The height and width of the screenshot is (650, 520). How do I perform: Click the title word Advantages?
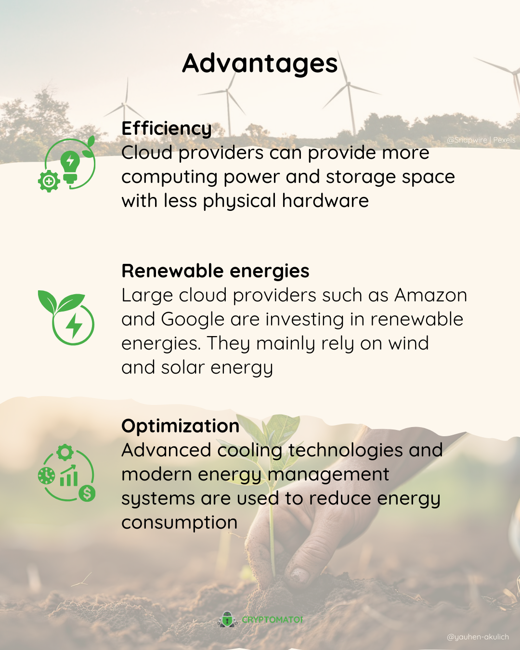(x=260, y=64)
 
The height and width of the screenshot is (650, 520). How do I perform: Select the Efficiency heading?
(x=167, y=129)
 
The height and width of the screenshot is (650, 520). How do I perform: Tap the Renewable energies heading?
(x=215, y=271)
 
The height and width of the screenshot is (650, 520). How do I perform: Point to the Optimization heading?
(x=181, y=426)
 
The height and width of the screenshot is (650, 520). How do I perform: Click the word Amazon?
(x=430, y=295)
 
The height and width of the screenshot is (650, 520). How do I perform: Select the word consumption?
(x=180, y=523)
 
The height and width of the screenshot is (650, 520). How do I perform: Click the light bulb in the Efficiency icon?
(x=70, y=166)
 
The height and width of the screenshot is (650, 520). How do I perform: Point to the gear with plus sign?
(x=49, y=181)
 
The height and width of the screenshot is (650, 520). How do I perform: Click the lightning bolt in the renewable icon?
(x=74, y=325)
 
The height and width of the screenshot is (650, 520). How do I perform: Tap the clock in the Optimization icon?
(x=47, y=475)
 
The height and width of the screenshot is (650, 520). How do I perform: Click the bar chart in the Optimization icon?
(x=69, y=476)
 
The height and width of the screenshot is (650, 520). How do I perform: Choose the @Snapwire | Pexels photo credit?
(x=481, y=140)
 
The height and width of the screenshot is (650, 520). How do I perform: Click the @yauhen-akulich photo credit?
(x=478, y=637)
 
